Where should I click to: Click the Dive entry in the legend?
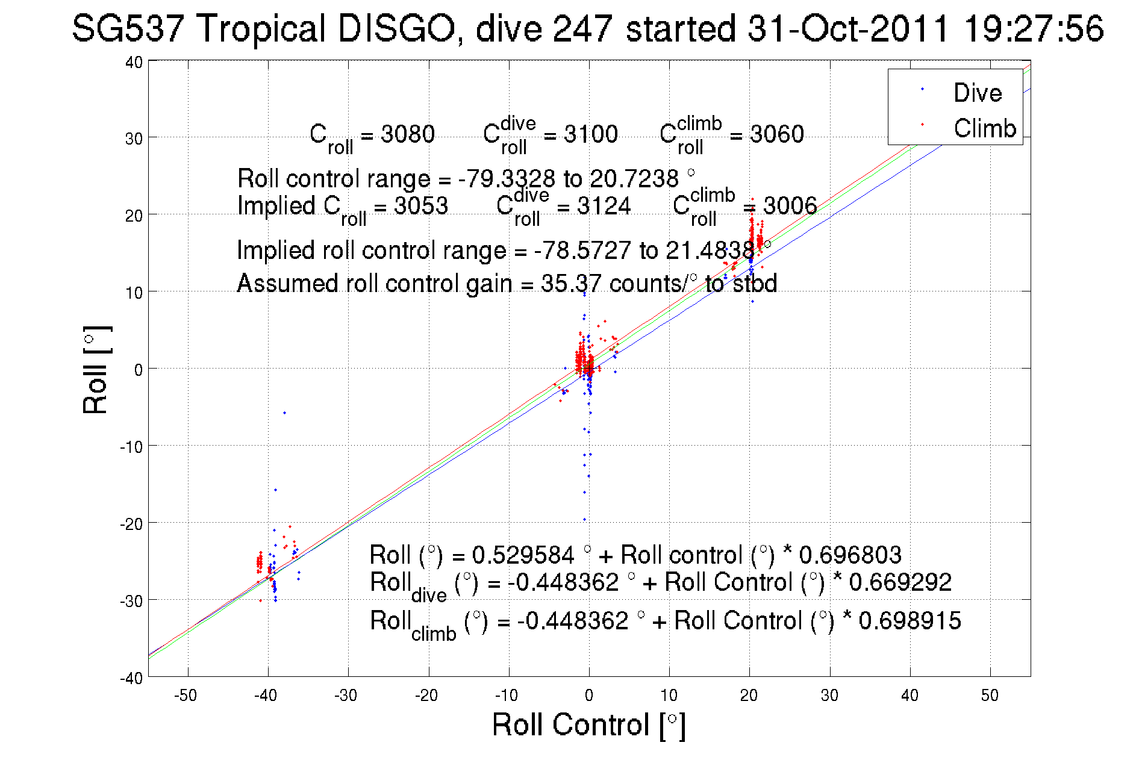tap(977, 93)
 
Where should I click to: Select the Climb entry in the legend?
tap(984, 128)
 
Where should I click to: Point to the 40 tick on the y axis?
tap(134, 63)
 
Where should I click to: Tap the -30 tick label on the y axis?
tap(131, 601)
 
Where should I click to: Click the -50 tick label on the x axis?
tap(186, 696)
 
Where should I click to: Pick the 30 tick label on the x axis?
tap(829, 696)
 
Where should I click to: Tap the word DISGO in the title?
tap(396, 29)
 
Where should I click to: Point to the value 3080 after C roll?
tap(408, 134)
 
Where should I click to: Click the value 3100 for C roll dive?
tap(590, 134)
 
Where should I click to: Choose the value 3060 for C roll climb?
tap(776, 134)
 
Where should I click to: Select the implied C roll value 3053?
tap(421, 206)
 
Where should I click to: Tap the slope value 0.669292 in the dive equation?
tap(900, 582)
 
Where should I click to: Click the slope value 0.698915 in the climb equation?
tap(910, 621)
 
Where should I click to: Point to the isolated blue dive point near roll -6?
tap(284, 413)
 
